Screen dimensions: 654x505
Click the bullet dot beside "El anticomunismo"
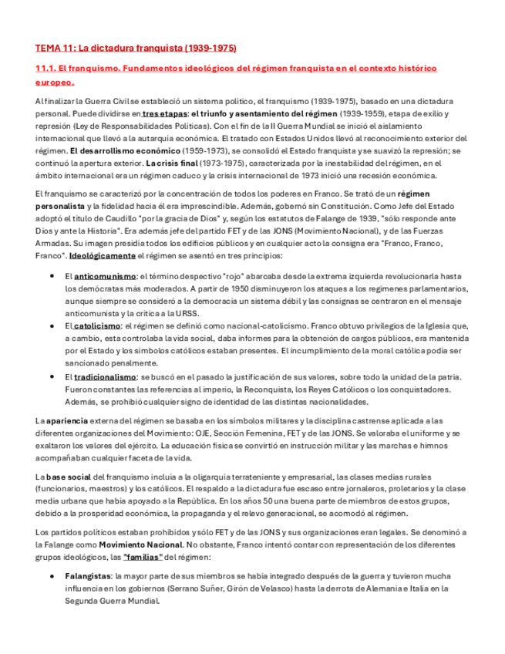tap(52, 275)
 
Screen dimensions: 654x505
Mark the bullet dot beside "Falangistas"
tap(52, 576)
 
